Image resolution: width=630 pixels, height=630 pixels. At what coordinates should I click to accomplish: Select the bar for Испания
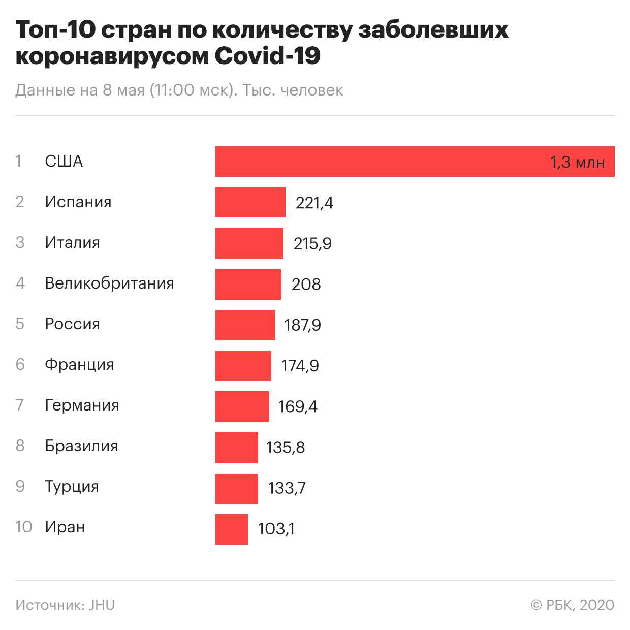pyautogui.click(x=250, y=202)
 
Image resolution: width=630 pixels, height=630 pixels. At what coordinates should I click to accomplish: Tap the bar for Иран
pyautogui.click(x=231, y=529)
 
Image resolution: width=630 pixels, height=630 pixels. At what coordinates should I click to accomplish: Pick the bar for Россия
pyautogui.click(x=245, y=325)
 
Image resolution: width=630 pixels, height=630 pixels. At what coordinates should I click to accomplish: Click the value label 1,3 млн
pyautogui.click(x=577, y=163)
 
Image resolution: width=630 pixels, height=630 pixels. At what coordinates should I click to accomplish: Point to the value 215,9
pyautogui.click(x=312, y=244)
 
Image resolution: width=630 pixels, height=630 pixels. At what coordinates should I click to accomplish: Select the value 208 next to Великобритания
pyautogui.click(x=306, y=285)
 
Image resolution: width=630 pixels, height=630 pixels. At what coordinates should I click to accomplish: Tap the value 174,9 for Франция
pyautogui.click(x=300, y=366)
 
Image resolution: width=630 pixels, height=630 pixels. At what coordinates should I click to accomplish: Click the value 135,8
pyautogui.click(x=285, y=447)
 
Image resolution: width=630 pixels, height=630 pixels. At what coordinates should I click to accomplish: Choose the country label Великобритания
pyautogui.click(x=109, y=283)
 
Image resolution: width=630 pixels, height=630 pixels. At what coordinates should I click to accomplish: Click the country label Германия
pyautogui.click(x=82, y=405)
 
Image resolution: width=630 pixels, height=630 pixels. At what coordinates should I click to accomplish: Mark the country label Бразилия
pyautogui.click(x=81, y=446)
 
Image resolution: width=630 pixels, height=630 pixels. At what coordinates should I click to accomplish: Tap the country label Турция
pyautogui.click(x=72, y=487)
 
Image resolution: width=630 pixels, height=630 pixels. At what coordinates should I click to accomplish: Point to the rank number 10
pyautogui.click(x=23, y=527)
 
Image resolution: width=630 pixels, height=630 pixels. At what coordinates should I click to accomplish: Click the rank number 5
pyautogui.click(x=20, y=324)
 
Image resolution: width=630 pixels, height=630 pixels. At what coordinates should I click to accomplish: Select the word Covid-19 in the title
pyautogui.click(x=267, y=56)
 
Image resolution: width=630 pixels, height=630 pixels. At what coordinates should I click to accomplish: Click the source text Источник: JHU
pyautogui.click(x=65, y=605)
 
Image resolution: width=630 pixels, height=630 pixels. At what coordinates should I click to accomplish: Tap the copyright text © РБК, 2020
pyautogui.click(x=572, y=605)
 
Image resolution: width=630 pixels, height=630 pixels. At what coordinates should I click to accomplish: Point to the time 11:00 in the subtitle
pyautogui.click(x=174, y=90)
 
